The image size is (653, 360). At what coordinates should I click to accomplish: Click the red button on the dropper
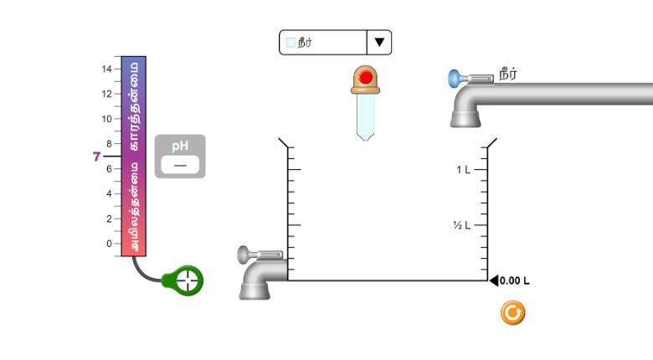pyautogui.click(x=366, y=77)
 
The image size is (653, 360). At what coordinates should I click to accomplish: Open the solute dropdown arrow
pyautogui.click(x=379, y=42)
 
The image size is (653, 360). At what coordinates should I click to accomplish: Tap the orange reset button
pyautogui.click(x=512, y=312)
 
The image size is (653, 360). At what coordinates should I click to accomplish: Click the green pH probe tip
pyautogui.click(x=187, y=280)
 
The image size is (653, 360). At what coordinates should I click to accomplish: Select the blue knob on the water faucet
pyautogui.click(x=454, y=79)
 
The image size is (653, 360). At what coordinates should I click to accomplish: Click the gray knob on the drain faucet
pyautogui.click(x=243, y=255)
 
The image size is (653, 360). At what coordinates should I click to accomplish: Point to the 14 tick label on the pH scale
pyautogui.click(x=106, y=69)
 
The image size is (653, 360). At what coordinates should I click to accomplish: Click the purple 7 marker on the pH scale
pyautogui.click(x=96, y=157)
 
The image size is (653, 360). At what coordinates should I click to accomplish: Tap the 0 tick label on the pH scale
pyautogui.click(x=109, y=244)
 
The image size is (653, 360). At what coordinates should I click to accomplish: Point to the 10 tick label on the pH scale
pyautogui.click(x=106, y=119)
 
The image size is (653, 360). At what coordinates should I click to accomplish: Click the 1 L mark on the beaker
pyautogui.click(x=463, y=170)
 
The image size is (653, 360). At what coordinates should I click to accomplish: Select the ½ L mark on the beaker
pyautogui.click(x=462, y=225)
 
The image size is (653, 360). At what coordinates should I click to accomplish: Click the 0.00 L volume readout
pyautogui.click(x=514, y=280)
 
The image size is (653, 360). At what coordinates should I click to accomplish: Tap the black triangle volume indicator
pyautogui.click(x=494, y=280)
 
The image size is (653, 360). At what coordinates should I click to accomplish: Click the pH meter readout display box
pyautogui.click(x=180, y=165)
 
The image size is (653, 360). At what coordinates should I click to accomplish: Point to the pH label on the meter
pyautogui.click(x=180, y=146)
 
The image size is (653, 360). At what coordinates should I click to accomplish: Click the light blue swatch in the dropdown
pyautogui.click(x=291, y=42)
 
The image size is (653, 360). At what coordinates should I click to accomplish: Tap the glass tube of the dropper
pyautogui.click(x=365, y=117)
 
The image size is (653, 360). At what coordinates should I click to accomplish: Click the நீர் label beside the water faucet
pyautogui.click(x=508, y=75)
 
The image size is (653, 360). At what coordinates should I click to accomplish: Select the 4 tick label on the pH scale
pyautogui.click(x=109, y=193)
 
